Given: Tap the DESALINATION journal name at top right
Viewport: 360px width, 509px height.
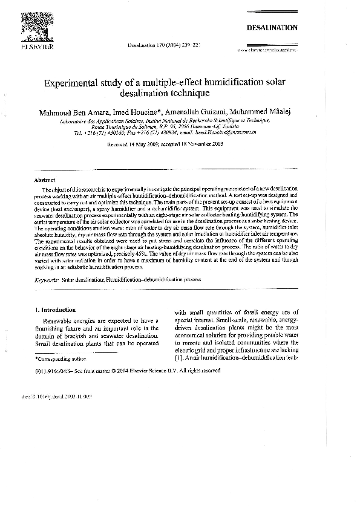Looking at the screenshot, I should [272, 28].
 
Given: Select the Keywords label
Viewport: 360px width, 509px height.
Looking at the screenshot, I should [47, 280].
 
